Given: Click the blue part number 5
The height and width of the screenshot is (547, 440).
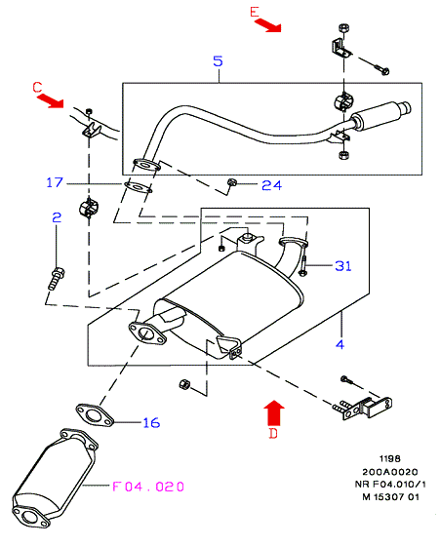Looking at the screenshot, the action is point(218,61).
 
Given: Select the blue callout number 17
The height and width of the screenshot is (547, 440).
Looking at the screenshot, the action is point(55,182).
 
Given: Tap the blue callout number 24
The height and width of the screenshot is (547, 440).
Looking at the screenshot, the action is point(272,185).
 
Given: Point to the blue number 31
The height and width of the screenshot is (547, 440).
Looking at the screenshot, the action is point(343,266).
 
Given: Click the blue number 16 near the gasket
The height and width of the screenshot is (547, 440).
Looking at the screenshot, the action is point(151,422).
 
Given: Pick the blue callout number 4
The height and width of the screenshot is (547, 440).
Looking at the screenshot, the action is point(340,344).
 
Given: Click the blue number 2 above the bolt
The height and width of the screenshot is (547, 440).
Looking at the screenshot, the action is point(57,217).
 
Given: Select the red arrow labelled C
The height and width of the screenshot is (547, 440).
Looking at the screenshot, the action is point(51,99).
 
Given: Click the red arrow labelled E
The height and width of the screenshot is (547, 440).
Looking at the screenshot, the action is point(267,25).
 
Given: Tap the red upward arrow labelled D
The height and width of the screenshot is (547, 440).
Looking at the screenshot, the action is point(274,412).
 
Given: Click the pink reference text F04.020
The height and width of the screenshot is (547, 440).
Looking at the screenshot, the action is point(148,487).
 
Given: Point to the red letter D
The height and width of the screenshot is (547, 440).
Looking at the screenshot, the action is point(273,433).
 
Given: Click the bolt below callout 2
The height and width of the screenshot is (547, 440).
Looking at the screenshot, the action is point(56,279).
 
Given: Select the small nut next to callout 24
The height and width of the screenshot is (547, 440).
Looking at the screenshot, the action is point(231,182).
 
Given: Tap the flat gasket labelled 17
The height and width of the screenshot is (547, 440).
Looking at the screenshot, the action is point(139,187).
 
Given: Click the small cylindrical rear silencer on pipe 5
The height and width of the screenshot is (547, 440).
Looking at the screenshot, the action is point(380,116).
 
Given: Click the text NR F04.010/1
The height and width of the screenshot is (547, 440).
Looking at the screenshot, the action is point(390,485).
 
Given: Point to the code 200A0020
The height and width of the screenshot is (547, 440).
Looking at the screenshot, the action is point(389,472).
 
